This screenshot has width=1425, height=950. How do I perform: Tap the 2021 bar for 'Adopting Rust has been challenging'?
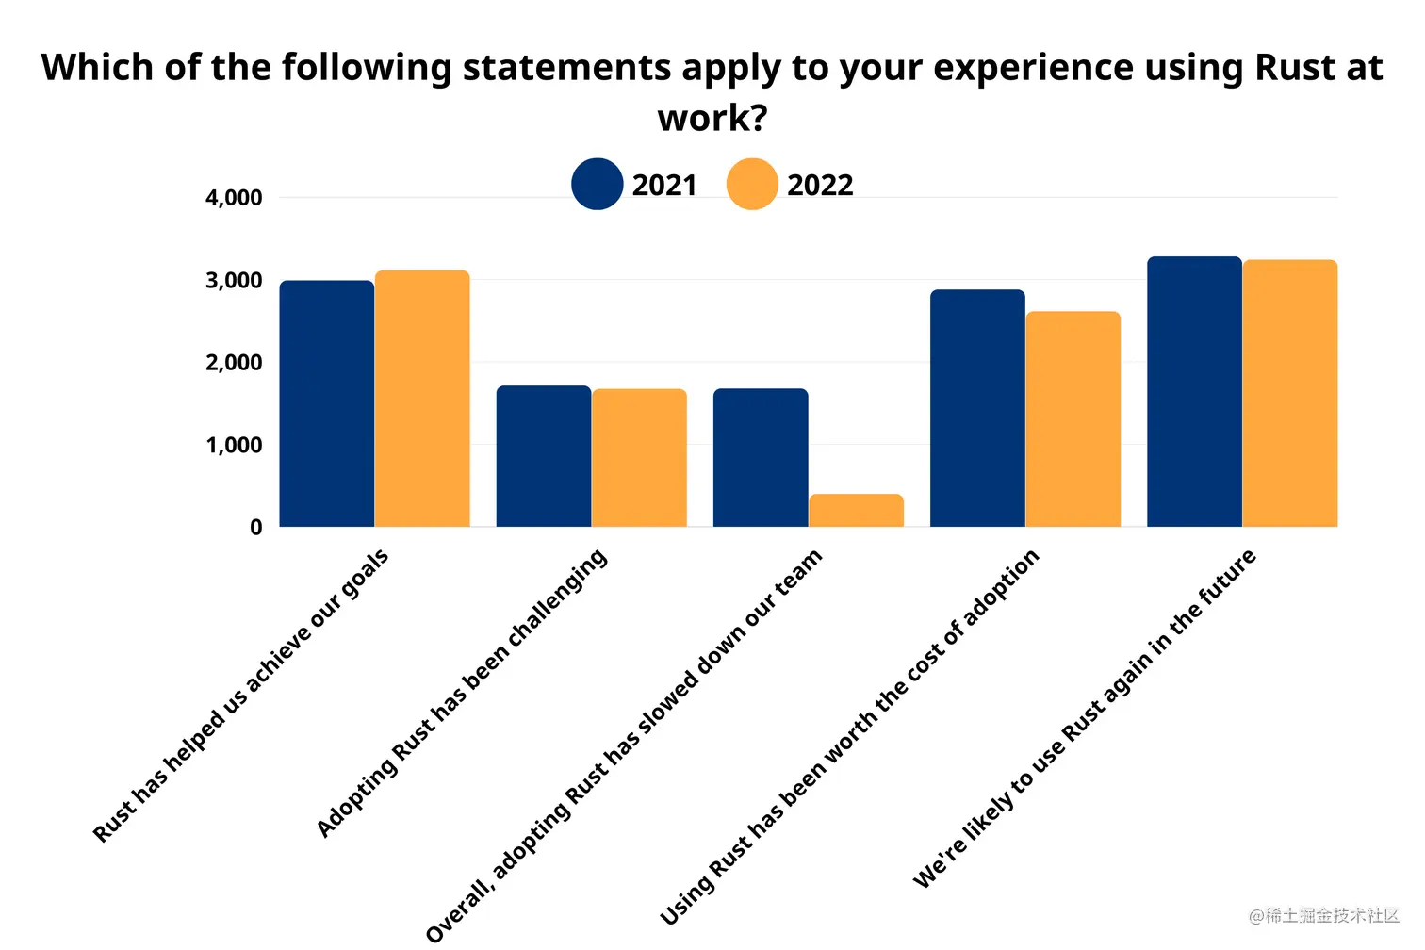[x=544, y=456]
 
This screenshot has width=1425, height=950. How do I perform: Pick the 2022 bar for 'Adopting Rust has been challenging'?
[x=639, y=458]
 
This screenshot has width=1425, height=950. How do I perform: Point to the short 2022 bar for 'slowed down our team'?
[x=856, y=510]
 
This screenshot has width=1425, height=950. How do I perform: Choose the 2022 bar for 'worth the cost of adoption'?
[x=1073, y=419]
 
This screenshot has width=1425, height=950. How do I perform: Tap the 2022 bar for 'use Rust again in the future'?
[x=1289, y=393]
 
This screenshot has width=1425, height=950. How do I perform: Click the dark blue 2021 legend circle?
[x=597, y=184]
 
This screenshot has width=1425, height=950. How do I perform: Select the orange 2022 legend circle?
[x=752, y=184]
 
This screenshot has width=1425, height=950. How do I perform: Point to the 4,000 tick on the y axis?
[x=234, y=198]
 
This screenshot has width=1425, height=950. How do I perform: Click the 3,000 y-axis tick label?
[x=234, y=281]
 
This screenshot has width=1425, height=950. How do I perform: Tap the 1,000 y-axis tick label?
[x=234, y=445]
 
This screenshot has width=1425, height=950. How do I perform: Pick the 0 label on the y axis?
[x=256, y=528]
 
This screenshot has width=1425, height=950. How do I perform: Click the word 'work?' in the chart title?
[x=712, y=119]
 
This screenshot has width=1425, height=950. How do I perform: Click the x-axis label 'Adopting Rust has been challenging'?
[x=462, y=694]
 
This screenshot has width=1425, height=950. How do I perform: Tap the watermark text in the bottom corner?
[x=1324, y=915]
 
